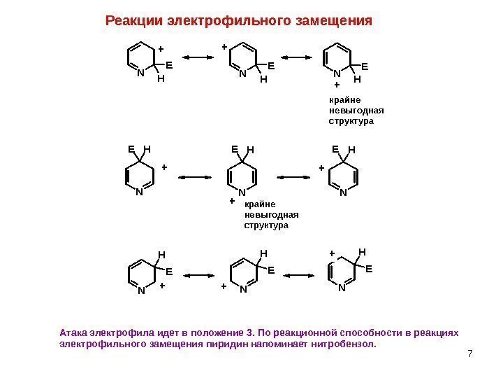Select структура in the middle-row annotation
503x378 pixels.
click(x=265, y=226)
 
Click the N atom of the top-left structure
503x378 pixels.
click(x=140, y=72)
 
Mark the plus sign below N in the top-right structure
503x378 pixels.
click(x=337, y=85)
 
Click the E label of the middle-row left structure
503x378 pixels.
click(x=131, y=148)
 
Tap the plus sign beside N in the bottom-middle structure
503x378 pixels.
click(x=225, y=287)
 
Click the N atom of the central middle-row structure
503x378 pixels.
click(x=242, y=192)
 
